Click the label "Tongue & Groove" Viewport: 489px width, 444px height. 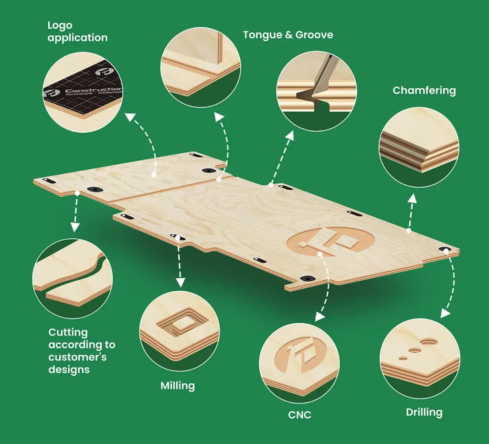click(288, 35)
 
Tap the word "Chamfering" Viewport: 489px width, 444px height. click(424, 91)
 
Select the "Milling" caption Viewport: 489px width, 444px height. click(178, 386)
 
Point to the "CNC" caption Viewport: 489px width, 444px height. click(299, 415)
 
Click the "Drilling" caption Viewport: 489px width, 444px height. click(424, 412)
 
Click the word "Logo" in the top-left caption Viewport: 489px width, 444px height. click(60, 26)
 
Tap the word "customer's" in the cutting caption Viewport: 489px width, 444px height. click(77, 357)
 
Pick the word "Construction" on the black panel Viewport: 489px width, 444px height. click(94, 90)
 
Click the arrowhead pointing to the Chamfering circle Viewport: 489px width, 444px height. click(413, 198)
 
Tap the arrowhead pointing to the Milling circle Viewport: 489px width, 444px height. click(180, 283)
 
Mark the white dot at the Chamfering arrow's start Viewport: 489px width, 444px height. click(409, 231)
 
